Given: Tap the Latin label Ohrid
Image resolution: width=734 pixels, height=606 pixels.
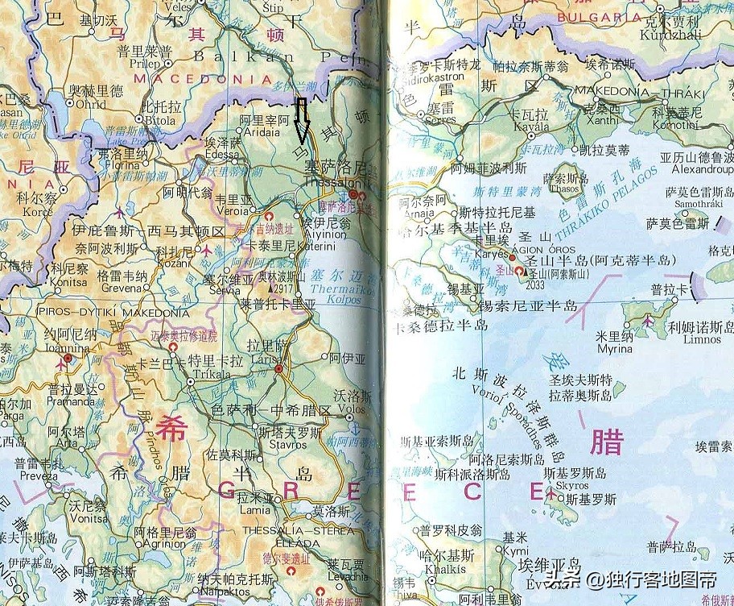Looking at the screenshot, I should [x=89, y=104].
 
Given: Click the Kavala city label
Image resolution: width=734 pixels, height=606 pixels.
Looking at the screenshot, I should [x=508, y=127].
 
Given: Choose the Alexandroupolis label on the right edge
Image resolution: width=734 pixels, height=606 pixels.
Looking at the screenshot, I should [x=702, y=170].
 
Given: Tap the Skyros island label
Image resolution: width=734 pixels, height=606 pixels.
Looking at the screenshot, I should [x=572, y=486].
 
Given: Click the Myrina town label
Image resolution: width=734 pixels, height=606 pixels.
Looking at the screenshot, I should [x=615, y=349].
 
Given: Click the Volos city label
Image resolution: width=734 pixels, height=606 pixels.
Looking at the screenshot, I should [x=353, y=409].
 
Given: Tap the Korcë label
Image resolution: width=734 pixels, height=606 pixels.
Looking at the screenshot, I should [x=39, y=210].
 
